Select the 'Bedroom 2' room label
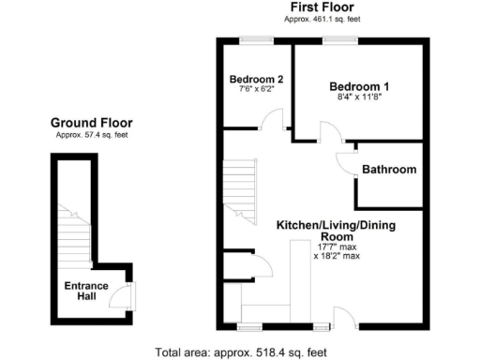coord(255,80)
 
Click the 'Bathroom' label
coord(389,170)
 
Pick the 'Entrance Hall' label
coord(86,292)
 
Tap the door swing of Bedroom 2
coord(273,120)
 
